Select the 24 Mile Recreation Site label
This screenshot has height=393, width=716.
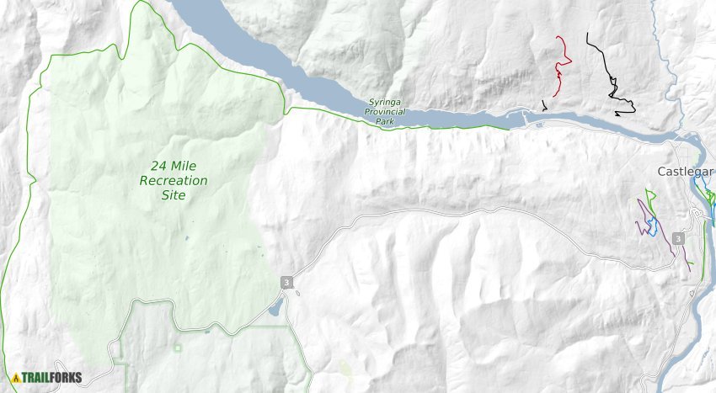[174, 180]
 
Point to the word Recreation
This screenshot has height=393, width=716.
[174, 180]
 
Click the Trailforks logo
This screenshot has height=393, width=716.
[47, 377]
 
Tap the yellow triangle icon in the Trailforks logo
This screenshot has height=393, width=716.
[16, 377]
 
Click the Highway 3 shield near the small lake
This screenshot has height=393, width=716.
[286, 283]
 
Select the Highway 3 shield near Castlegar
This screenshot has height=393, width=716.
[678, 239]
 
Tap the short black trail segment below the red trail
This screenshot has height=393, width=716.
[544, 105]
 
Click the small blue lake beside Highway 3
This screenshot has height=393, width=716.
[275, 309]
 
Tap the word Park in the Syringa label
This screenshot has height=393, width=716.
[384, 121]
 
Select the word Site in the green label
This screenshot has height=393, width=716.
[174, 195]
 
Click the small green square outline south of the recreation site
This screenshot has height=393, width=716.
[178, 346]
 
